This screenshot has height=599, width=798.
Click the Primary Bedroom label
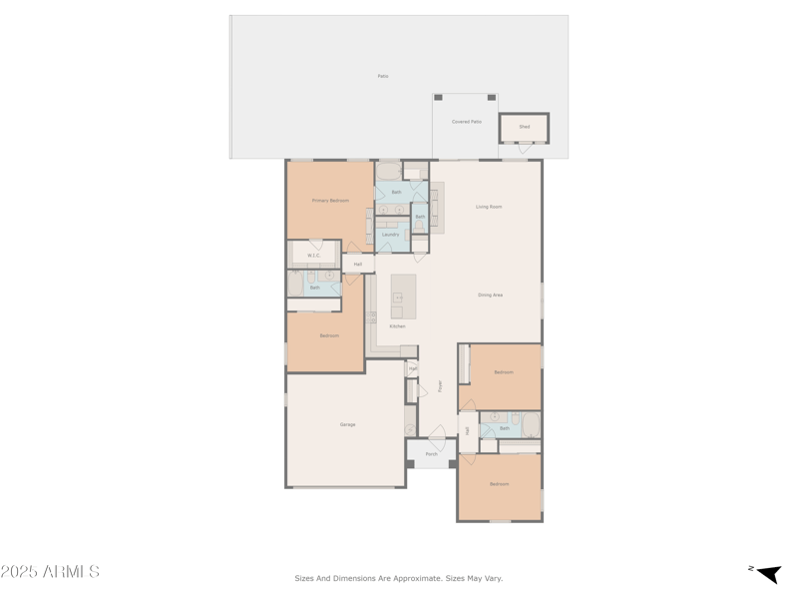330,201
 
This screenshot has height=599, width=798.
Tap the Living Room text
489,207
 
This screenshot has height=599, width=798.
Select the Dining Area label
490,295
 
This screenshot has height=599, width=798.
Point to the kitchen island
403,296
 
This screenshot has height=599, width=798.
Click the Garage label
347,424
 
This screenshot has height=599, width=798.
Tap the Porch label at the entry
431,454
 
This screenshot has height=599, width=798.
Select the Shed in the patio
524,127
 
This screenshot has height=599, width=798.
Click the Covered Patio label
466,122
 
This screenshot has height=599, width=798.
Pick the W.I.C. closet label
314,256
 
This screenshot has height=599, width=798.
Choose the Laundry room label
390,235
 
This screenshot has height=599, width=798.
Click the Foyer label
439,385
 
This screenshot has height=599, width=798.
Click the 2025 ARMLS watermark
50,572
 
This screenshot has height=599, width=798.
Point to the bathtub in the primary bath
388,171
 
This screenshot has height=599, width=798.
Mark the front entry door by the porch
437,433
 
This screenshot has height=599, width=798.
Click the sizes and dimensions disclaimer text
398,578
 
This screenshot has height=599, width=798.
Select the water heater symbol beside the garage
410,427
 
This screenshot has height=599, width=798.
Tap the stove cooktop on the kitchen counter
371,317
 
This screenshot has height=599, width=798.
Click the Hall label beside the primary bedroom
357,265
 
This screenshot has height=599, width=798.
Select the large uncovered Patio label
382,76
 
